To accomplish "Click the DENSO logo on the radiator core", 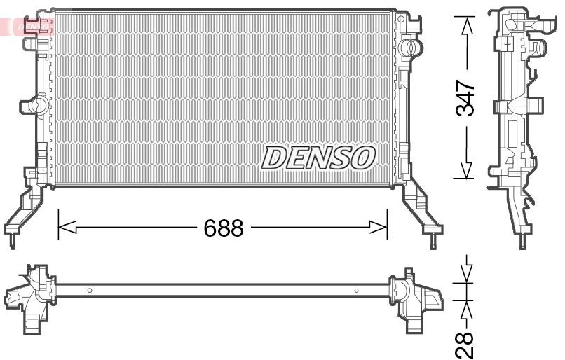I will pyautogui.click(x=318, y=158).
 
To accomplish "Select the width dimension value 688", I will pyautogui.click(x=223, y=228).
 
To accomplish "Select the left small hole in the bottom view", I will pyautogui.click(x=90, y=290).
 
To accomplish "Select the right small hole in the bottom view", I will pyautogui.click(x=357, y=290).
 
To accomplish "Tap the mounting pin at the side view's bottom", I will pyautogui.click(x=522, y=242).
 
